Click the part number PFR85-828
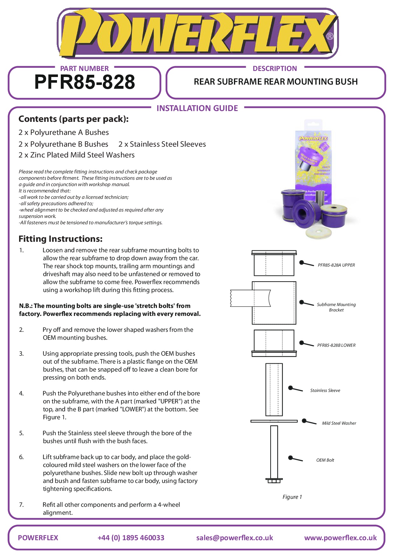coord(85,82)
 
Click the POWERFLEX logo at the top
coord(197,33)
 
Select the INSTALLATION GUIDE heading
coord(197,108)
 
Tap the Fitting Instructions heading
coord(60,239)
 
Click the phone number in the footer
coord(131,538)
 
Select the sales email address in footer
coord(235,538)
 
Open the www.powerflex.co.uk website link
coord(340,538)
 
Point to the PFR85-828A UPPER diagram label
coord(336,265)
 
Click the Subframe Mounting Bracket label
coord(336,307)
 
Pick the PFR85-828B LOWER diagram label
coord(336,345)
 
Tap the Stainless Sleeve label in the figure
coord(325,390)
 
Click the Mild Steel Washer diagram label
coord(339,423)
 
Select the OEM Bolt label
coord(325,460)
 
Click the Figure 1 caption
coord(292,497)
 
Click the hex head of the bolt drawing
coord(274,481)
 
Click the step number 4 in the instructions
coord(21,394)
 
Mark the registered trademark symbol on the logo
coord(330,36)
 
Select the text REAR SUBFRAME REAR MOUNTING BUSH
coord(276,82)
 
